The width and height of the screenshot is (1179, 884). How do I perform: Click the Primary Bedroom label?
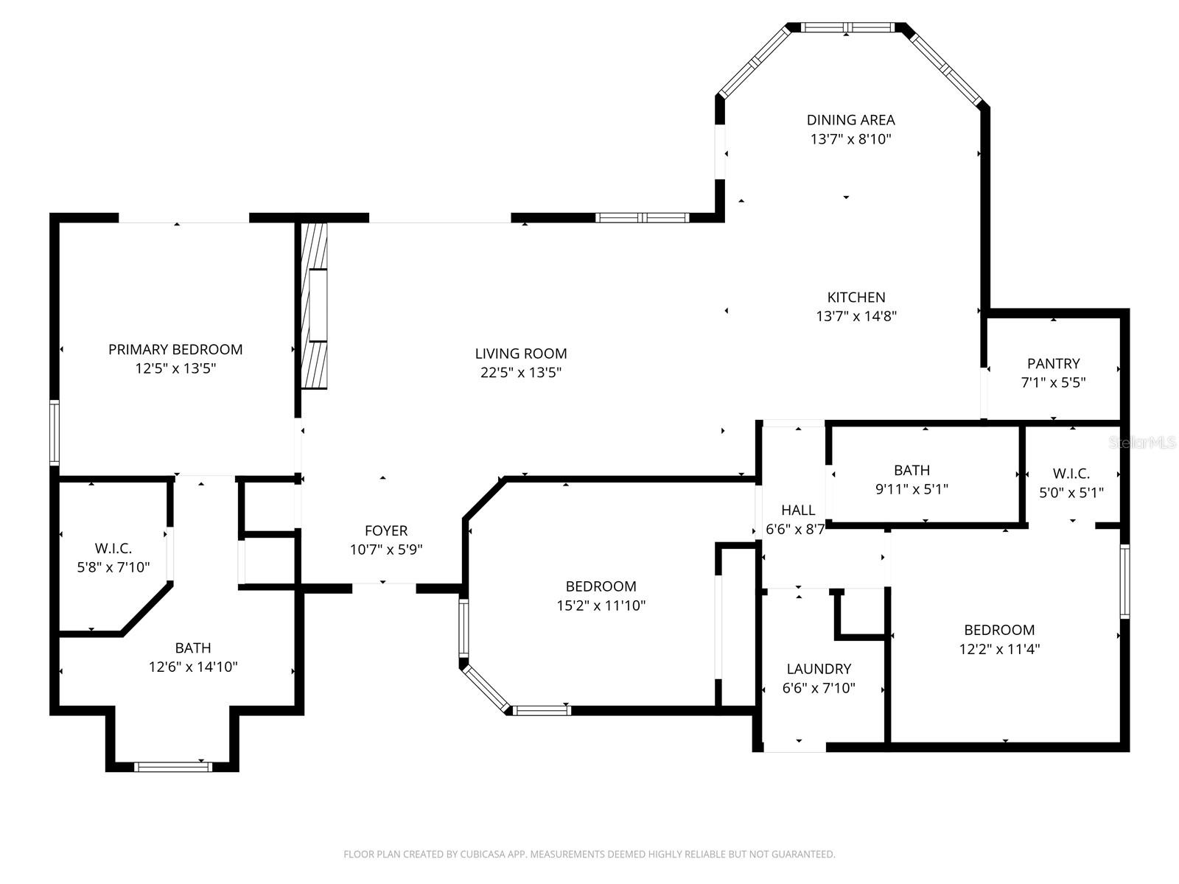tap(175, 349)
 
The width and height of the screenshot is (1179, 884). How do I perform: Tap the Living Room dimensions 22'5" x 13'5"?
tap(521, 373)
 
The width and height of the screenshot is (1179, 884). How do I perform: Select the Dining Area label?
tap(850, 119)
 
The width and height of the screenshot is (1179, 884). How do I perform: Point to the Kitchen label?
tap(856, 297)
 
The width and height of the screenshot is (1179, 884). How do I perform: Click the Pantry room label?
tap(1053, 363)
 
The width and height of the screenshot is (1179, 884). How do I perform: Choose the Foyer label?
tap(386, 530)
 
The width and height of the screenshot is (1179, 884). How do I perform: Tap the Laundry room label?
tap(819, 669)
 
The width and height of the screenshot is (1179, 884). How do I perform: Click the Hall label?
tap(798, 510)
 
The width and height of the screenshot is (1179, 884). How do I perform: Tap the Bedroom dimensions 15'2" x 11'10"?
tap(601, 606)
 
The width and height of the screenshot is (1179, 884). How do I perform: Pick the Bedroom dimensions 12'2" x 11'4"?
tap(999, 649)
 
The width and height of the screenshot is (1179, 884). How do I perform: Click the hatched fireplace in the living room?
tap(315, 306)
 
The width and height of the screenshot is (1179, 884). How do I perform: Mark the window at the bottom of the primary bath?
tap(173, 767)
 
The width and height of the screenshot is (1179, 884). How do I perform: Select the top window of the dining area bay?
tap(847, 28)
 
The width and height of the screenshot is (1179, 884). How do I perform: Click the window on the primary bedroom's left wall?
tap(55, 432)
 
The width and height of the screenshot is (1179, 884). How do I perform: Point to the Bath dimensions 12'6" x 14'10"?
tap(193, 667)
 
